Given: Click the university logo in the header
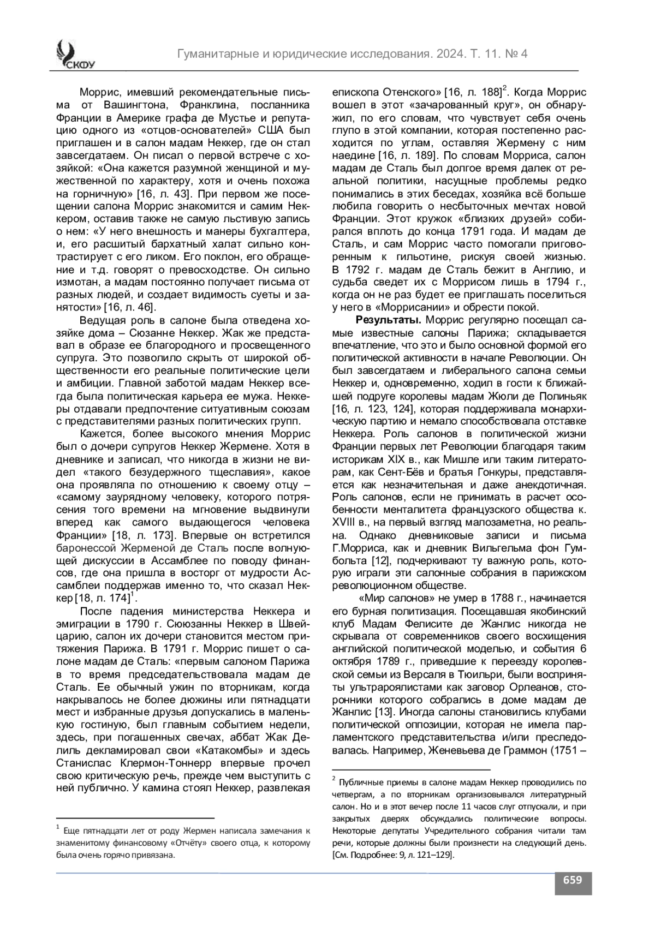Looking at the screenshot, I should click(72, 55).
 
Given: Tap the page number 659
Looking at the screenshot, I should click(573, 880).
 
